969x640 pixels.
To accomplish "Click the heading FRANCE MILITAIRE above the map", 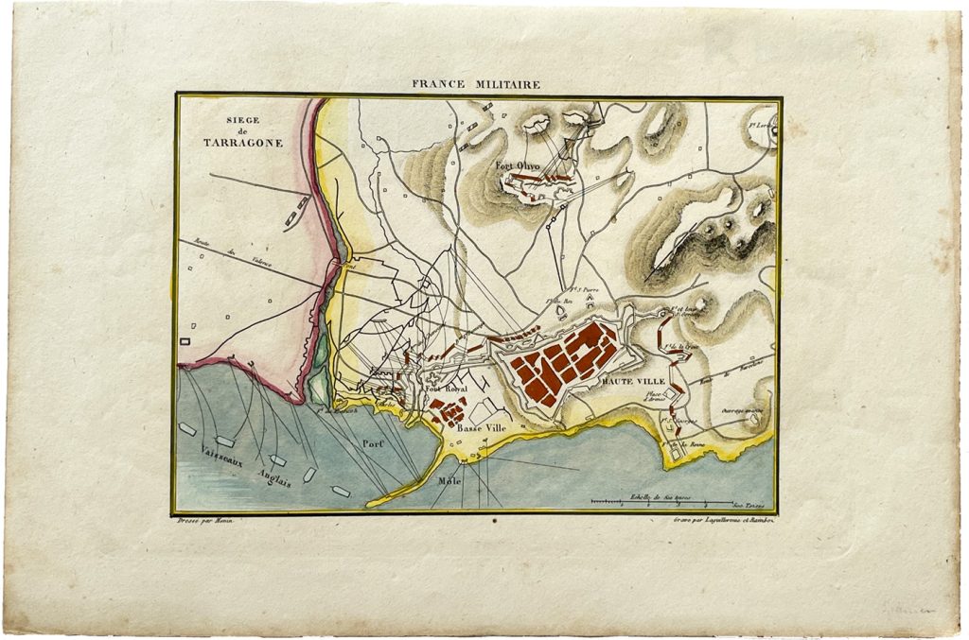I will [476, 84].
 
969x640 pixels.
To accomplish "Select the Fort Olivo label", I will [517, 166].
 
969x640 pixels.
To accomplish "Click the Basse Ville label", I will [482, 427].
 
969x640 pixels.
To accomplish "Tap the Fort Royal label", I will [447, 389].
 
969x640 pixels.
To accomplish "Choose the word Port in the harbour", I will [369, 442].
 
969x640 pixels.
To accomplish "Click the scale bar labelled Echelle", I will [661, 501].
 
